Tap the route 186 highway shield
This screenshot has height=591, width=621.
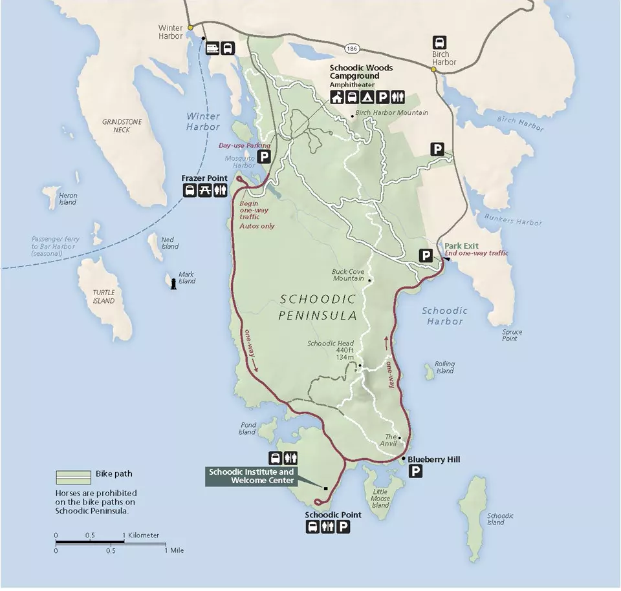point(352,49)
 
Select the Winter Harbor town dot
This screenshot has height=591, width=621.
point(190,28)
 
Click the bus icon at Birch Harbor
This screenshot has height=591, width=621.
point(439,42)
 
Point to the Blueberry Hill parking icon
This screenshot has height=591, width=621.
point(415,472)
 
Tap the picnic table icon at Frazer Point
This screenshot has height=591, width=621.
point(205,190)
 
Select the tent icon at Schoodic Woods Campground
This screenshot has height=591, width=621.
point(367,98)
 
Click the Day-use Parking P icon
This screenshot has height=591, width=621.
point(263,156)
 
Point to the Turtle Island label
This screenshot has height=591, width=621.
point(103,296)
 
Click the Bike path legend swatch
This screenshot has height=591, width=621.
point(72,477)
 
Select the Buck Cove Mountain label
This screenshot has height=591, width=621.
point(349,275)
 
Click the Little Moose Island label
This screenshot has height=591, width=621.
point(380,498)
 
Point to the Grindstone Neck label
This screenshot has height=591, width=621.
point(116,126)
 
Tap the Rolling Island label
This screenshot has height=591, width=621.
point(444,368)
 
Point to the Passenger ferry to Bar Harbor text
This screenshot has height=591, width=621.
point(56,246)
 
